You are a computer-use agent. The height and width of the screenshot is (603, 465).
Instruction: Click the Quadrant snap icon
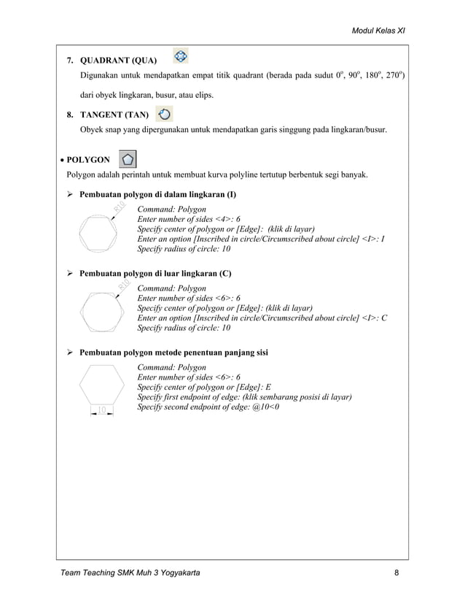point(181,56)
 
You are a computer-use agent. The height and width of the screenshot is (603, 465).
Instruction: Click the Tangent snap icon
point(165,114)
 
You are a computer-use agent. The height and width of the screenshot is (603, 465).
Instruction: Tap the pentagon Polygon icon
point(128,159)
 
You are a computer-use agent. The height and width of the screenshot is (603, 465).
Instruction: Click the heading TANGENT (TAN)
point(114,115)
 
